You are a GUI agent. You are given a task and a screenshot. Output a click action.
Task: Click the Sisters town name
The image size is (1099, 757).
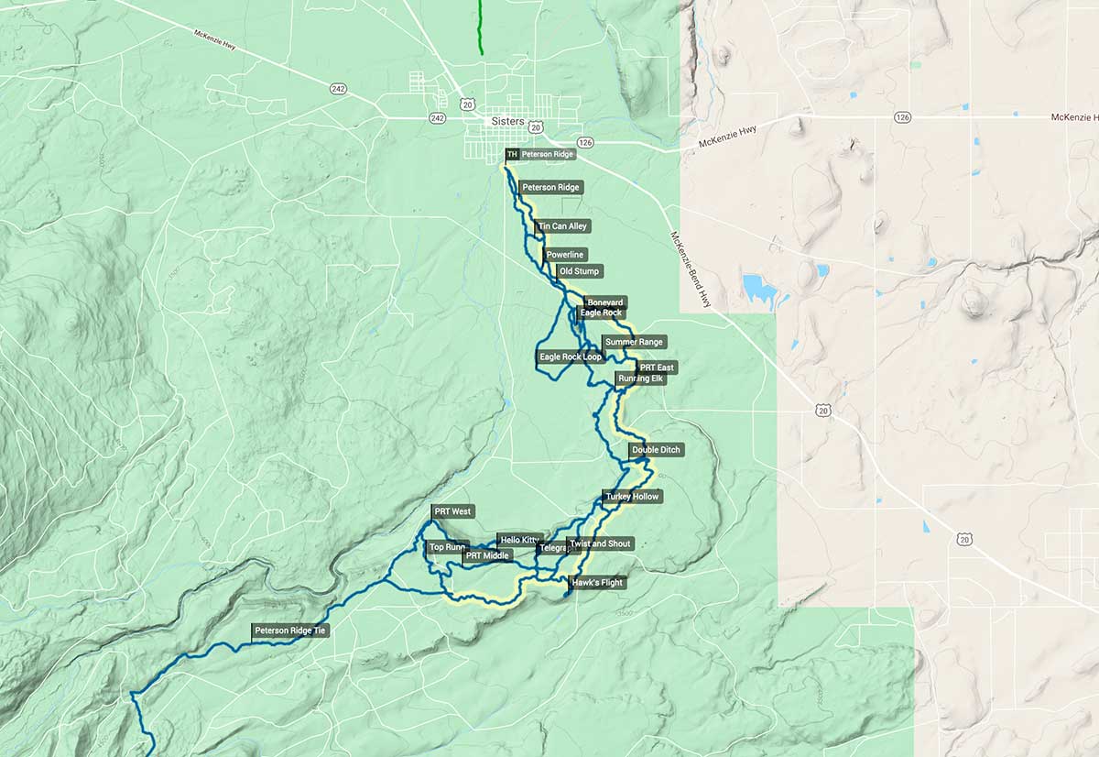point(507,121)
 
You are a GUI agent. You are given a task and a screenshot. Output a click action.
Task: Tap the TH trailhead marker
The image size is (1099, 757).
point(512,155)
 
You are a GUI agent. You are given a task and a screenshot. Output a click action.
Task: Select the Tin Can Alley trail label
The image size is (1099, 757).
point(563,225)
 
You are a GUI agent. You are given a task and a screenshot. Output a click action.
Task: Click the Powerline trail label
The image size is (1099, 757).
point(565,254)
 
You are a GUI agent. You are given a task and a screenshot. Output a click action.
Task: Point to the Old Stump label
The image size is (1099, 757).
point(580,271)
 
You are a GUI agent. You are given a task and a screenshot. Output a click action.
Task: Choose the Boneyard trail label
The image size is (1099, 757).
point(605,302)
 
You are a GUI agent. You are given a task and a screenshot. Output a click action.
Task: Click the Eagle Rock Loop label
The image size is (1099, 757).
point(571,357)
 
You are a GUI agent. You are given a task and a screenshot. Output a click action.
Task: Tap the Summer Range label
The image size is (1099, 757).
point(634,342)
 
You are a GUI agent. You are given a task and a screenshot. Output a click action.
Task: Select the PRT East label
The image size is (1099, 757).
point(657,368)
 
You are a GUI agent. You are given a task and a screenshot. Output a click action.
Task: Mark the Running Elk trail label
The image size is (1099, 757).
point(640,378)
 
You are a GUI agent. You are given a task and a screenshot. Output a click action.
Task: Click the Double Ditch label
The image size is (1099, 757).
point(657,450)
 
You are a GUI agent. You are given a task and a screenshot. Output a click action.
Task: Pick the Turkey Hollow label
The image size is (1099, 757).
point(632,497)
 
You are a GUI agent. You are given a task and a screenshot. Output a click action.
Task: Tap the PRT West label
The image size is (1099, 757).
point(453,511)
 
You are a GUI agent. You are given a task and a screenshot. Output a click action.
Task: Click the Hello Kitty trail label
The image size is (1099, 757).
point(520,540)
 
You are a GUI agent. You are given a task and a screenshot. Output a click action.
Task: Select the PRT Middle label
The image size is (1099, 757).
point(487,555)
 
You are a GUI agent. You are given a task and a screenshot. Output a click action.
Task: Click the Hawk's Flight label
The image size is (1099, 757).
point(597,583)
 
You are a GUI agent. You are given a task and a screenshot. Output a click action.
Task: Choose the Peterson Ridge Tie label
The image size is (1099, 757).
point(289,631)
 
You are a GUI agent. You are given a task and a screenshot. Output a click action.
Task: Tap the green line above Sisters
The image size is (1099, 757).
point(480,27)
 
